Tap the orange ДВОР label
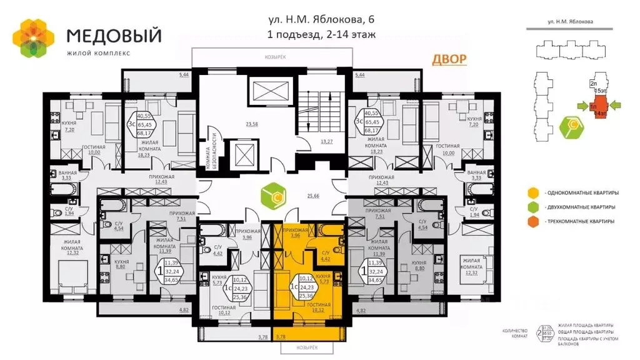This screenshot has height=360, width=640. click(x=449, y=60)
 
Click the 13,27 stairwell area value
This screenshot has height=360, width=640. click(x=326, y=142)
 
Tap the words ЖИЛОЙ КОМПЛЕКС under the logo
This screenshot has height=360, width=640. click(x=99, y=53)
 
